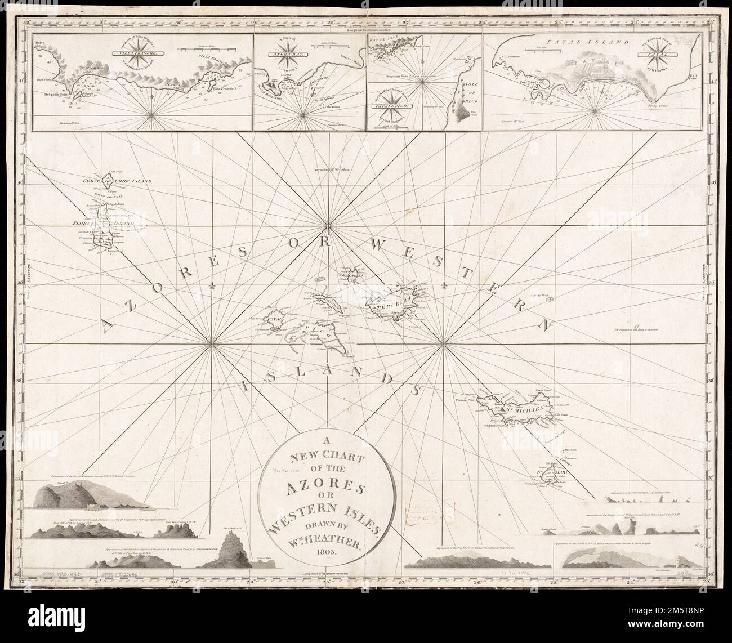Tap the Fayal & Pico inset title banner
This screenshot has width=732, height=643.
(400, 105)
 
